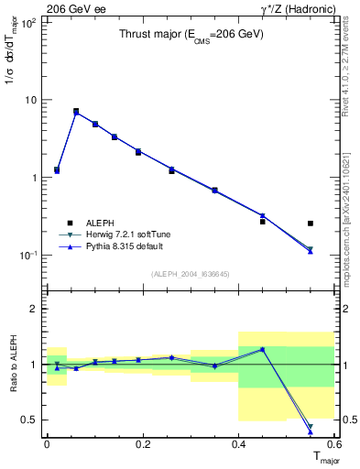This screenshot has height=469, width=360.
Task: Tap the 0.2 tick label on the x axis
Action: click(x=141, y=443)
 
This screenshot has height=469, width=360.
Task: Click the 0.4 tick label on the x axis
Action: click(x=238, y=443)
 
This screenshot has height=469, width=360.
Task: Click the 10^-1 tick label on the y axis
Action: click(x=27, y=255)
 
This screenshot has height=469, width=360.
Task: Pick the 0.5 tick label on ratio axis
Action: click(x=28, y=420)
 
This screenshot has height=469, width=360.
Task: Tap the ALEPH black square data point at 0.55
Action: click(x=311, y=223)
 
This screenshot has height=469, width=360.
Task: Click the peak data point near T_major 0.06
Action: click(x=76, y=111)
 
